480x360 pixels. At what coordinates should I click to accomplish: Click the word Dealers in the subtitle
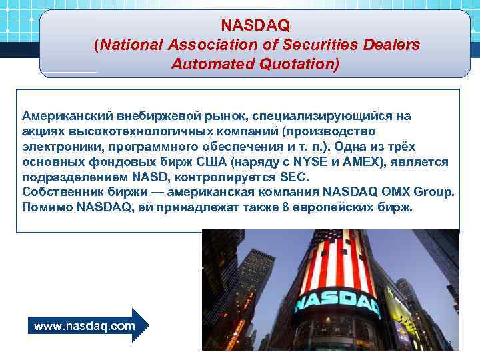(393, 45)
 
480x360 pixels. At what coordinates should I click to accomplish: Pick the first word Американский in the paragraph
(65, 115)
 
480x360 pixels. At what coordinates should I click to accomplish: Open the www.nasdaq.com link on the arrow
(84, 326)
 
